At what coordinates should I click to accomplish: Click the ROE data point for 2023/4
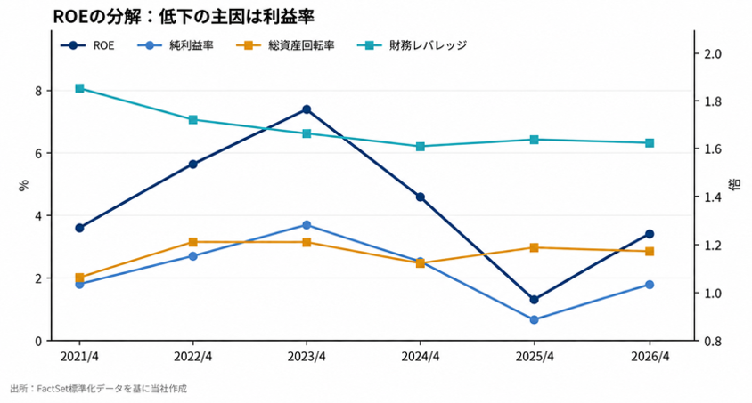pos(307,109)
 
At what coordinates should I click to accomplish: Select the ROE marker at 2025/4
pos(534,300)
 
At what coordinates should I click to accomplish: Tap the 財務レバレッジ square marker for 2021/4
pos(79,89)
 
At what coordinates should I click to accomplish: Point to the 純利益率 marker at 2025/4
pos(534,319)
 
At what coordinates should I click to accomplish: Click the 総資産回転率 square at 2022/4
pos(192,242)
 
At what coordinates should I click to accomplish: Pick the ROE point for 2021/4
pos(79,228)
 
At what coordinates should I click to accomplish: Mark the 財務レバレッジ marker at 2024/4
pos(421,147)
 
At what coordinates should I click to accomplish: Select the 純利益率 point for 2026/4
pos(650,285)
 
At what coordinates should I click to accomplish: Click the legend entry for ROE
pos(87,45)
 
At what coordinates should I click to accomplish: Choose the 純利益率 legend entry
pos(176,45)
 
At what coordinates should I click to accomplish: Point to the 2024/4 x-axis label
pos(421,357)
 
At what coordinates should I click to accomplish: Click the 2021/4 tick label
pos(79,357)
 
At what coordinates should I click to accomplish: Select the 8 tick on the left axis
pos(38,91)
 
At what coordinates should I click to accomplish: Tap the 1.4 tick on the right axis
pos(712,197)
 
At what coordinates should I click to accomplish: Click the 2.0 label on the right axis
pos(712,53)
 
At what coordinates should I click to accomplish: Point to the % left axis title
pos(23,185)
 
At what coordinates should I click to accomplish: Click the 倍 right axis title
pos(735,184)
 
